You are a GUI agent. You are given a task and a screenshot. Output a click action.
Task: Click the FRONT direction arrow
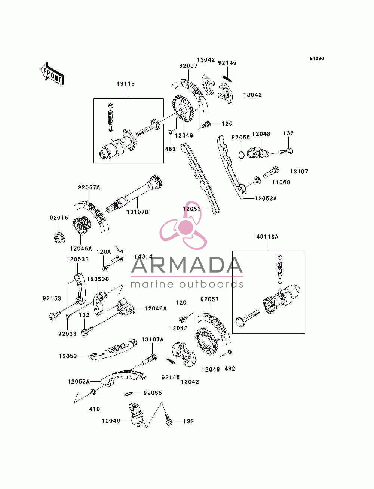click(x=52, y=74)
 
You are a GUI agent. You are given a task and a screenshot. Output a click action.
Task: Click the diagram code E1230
click(x=316, y=59)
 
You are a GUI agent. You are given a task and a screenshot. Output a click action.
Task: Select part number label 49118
click(x=126, y=83)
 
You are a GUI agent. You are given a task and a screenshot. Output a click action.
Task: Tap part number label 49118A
click(x=267, y=237)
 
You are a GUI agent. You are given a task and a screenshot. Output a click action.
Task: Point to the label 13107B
click(x=138, y=212)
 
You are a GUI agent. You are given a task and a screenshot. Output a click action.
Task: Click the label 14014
click(x=143, y=256)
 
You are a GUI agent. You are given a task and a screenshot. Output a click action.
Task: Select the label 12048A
click(x=156, y=308)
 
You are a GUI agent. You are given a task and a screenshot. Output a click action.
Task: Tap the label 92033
click(x=67, y=334)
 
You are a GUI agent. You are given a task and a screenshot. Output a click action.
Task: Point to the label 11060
click(x=281, y=182)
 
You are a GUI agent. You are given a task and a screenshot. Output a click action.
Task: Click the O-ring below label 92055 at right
click(x=241, y=155)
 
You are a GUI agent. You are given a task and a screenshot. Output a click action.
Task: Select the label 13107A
click(x=153, y=339)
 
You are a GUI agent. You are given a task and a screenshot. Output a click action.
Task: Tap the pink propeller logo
click(x=183, y=225)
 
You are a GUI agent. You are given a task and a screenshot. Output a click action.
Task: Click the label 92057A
click(x=89, y=187)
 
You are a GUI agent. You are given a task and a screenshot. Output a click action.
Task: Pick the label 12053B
click(x=77, y=259)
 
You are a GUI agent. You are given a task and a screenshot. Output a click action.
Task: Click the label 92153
click(x=52, y=298)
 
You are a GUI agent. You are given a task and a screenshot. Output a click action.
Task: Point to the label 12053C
click(x=98, y=279)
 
